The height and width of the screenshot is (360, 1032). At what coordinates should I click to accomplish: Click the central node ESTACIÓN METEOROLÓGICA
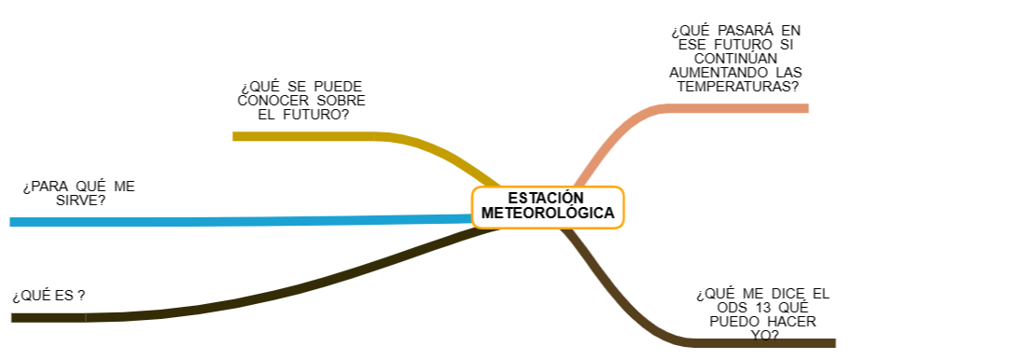click(548, 206)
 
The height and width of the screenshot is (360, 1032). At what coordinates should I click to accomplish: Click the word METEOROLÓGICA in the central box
click(548, 214)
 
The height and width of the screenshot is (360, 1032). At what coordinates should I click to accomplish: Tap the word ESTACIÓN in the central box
click(546, 198)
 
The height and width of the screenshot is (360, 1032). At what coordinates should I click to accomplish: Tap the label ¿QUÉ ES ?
click(49, 296)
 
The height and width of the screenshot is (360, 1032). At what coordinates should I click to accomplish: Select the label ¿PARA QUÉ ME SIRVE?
click(78, 193)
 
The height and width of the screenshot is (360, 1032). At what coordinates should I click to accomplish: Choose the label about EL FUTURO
click(301, 101)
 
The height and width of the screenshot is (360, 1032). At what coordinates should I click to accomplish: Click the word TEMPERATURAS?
click(737, 87)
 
